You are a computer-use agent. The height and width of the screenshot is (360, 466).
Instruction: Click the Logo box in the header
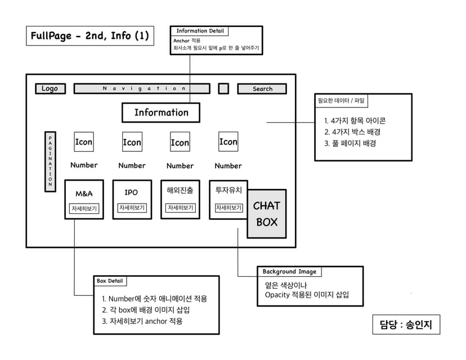(x=50, y=88)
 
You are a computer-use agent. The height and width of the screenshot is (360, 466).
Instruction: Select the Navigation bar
(x=142, y=88)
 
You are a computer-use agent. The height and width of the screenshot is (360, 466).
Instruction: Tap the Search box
(x=262, y=89)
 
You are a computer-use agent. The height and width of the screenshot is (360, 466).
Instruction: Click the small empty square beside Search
(x=223, y=88)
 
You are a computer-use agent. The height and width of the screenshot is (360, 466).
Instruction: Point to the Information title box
(x=161, y=112)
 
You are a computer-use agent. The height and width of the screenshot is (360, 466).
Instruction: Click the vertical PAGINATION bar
(x=50, y=161)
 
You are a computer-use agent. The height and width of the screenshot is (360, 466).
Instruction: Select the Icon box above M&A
(x=84, y=142)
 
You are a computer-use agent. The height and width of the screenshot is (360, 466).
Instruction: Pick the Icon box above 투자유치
(x=228, y=142)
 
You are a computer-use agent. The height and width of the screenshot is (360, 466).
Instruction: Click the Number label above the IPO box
(x=132, y=165)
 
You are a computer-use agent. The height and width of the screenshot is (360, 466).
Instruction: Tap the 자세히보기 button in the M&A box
(x=84, y=209)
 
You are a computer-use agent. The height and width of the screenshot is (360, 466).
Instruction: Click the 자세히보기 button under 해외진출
(x=180, y=208)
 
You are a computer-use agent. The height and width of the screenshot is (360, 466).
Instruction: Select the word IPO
(x=131, y=193)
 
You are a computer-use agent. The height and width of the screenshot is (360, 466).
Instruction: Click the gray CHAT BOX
(x=267, y=214)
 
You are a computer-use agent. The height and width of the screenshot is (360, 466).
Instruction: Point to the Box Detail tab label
(x=110, y=281)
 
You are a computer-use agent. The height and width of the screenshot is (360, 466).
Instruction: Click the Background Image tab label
(x=289, y=272)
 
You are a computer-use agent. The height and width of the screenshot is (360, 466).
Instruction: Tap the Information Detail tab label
(x=200, y=31)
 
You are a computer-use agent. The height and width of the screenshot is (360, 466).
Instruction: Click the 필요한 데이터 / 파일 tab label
(x=342, y=101)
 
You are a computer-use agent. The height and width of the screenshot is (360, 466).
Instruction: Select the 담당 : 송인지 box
(x=406, y=325)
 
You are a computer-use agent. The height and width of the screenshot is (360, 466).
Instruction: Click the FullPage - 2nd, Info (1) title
(x=91, y=36)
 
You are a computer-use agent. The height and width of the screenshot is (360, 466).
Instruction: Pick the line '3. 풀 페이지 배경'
(x=350, y=143)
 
